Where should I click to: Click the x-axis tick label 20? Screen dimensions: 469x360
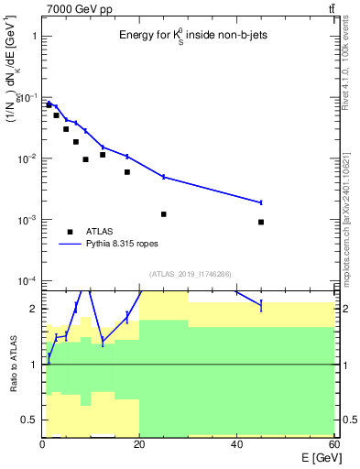(x=139, y=444)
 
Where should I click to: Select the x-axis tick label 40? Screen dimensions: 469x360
(x=236, y=444)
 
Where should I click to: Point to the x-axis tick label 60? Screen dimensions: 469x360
(x=333, y=444)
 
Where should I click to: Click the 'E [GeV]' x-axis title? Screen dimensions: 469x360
(x=317, y=457)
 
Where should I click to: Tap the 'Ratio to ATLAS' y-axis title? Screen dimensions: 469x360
(x=12, y=365)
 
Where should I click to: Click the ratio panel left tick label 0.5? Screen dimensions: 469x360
(x=29, y=420)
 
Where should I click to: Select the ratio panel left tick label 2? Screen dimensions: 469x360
(x=34, y=309)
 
